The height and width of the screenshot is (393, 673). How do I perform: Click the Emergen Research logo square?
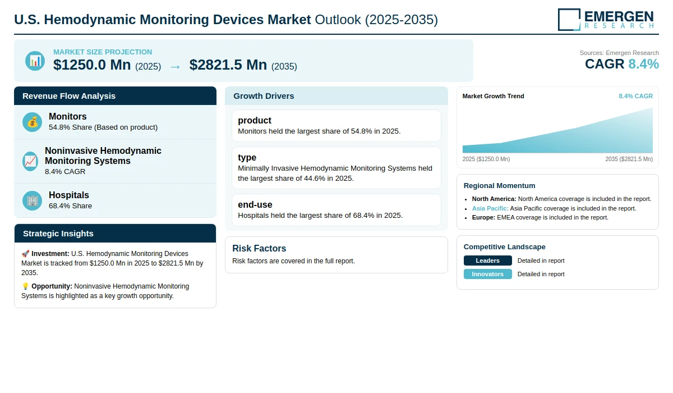point(569,20)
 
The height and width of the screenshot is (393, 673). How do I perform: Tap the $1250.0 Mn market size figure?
point(92,65)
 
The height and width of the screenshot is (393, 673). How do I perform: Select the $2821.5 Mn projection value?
point(228,65)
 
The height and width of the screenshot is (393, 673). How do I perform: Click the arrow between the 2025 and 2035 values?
point(175,67)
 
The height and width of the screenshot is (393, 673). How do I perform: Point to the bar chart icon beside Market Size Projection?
point(35,61)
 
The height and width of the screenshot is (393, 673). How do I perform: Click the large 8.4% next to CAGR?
point(644,64)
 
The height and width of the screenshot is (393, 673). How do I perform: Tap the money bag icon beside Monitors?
point(32,122)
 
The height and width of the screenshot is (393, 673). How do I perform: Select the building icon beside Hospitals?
point(32,200)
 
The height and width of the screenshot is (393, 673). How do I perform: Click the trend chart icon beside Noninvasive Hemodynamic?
point(30,161)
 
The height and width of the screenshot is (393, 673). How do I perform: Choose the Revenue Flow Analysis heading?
point(69,96)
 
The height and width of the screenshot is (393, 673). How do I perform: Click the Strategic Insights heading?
point(58,234)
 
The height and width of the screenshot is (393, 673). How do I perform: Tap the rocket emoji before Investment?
point(25,254)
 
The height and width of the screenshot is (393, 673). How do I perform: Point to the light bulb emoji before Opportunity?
point(25,286)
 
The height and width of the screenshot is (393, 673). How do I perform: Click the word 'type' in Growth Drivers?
point(247,157)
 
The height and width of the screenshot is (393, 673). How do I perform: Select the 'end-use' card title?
point(255,204)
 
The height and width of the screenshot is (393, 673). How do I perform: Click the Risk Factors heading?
point(259,248)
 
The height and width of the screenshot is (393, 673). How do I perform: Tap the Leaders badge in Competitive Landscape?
point(487,261)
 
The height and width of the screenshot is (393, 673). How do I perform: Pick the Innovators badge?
point(487,274)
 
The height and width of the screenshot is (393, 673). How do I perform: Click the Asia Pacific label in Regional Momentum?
point(490,208)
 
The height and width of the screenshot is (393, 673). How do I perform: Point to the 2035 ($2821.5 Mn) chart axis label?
point(629,159)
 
